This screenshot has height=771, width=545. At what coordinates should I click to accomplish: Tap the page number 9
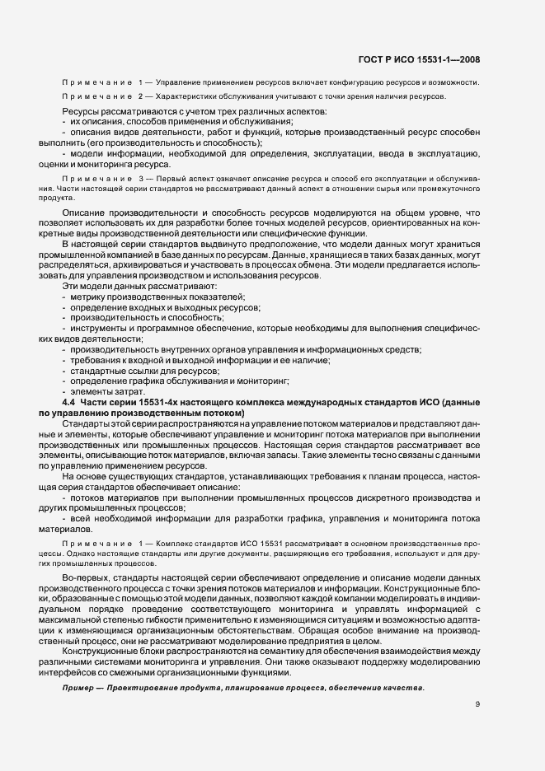tap(478, 704)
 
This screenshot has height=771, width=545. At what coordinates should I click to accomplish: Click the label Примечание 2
tap(92, 97)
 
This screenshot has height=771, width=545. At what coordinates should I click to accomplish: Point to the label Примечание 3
tap(92, 178)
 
